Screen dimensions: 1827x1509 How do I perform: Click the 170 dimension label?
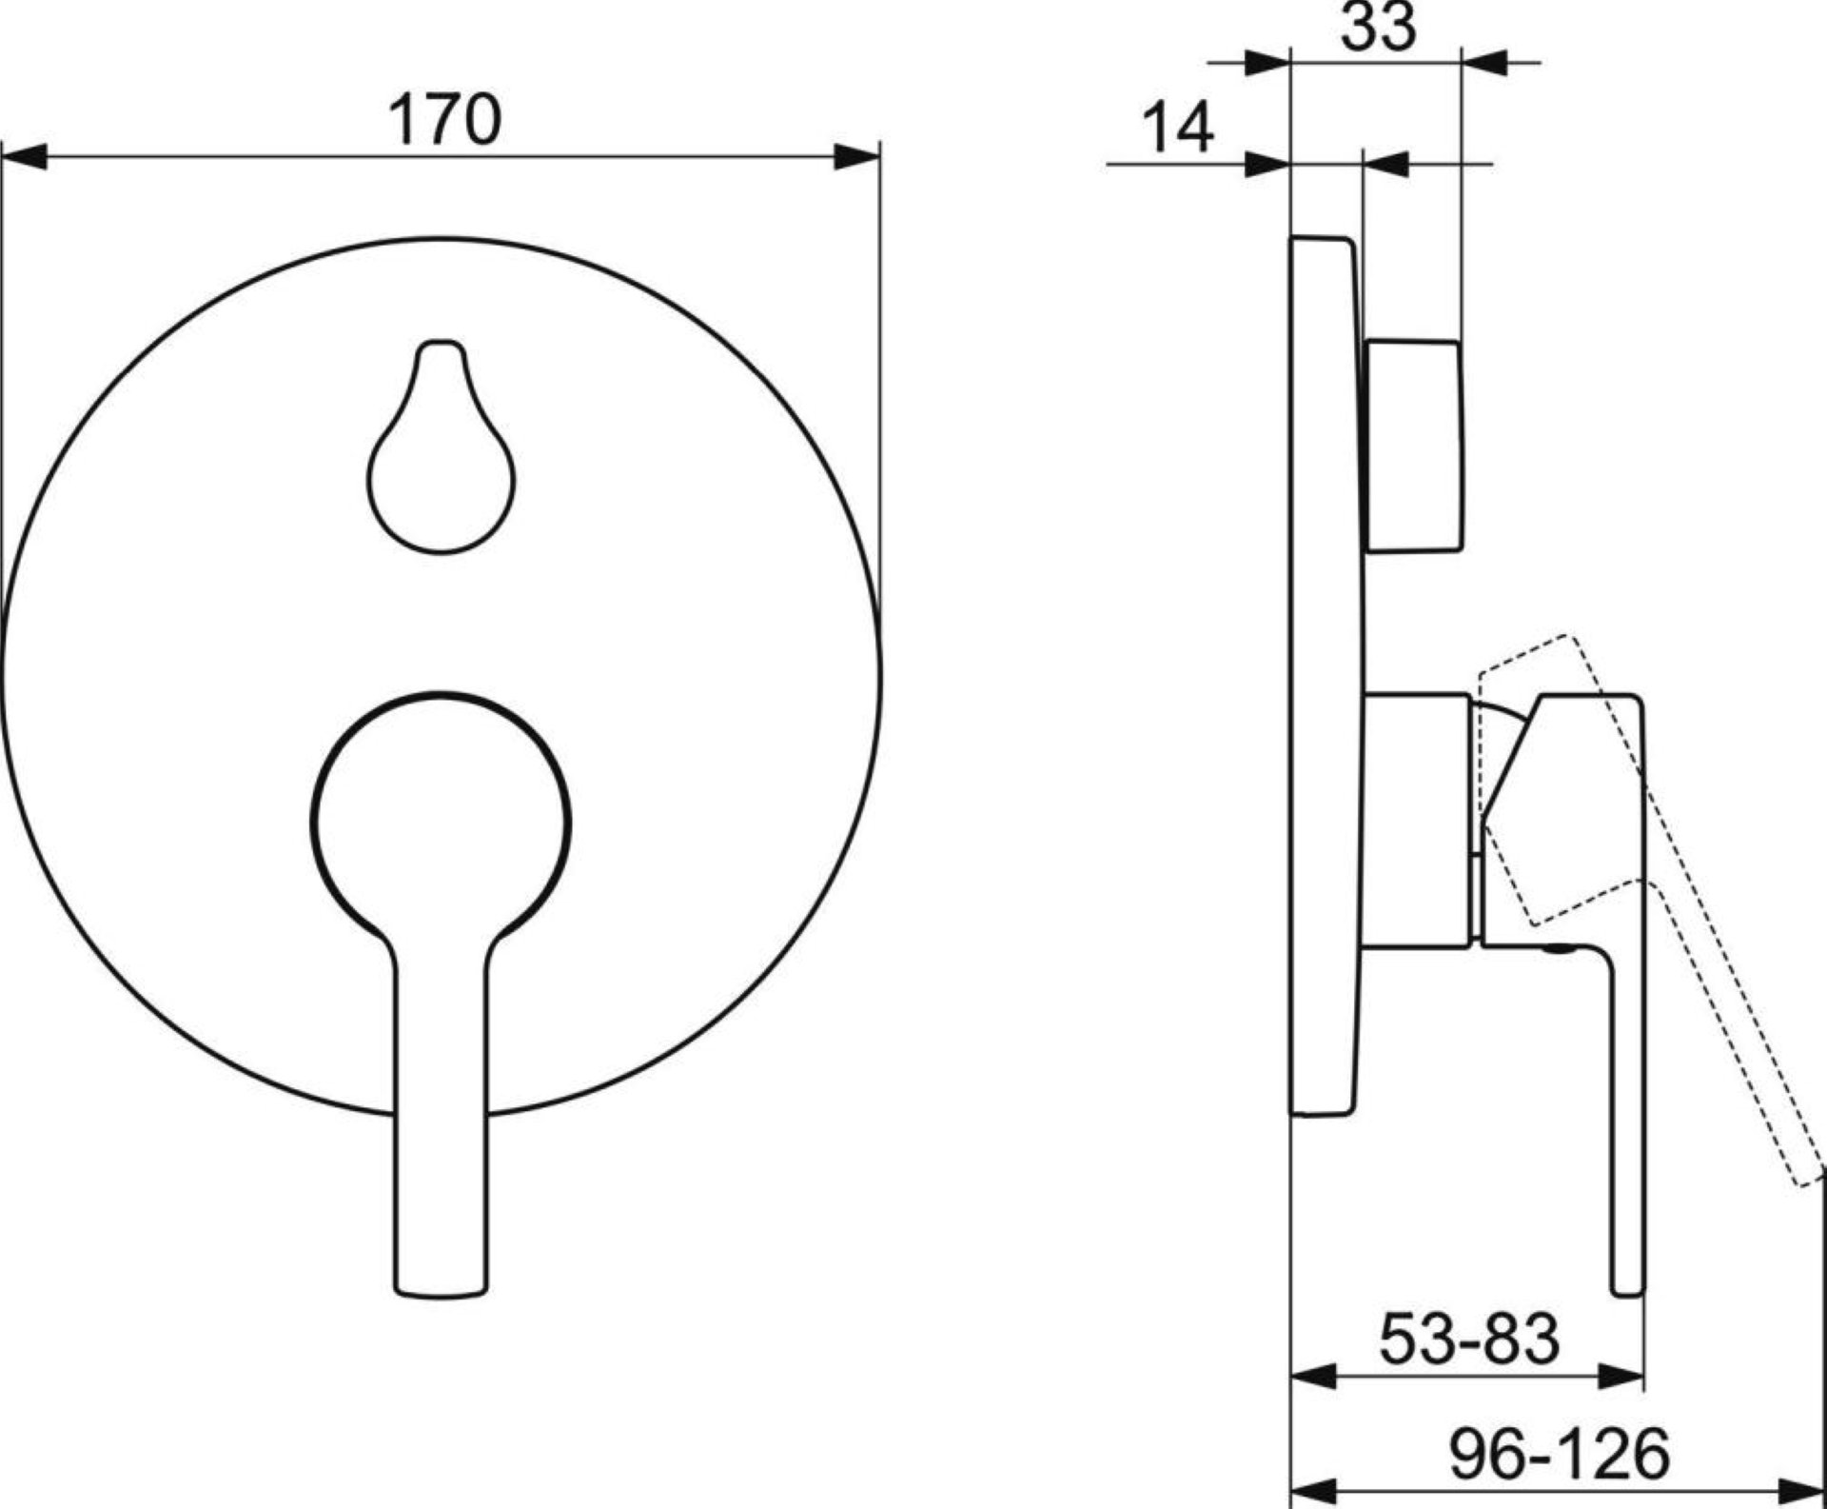coord(444,119)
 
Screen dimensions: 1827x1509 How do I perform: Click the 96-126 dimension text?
coord(1560,1454)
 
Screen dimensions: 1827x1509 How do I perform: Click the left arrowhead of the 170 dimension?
coord(24,157)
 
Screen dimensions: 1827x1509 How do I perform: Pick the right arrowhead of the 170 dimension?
coord(856,157)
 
